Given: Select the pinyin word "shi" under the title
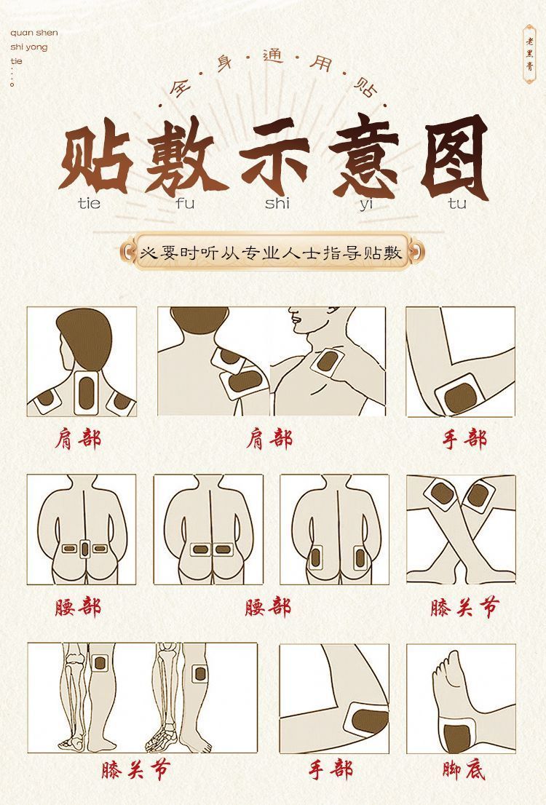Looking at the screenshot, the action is (277, 204).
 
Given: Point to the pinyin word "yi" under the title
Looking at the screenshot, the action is (365, 205).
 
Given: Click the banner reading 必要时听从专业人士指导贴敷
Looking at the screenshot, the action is (272, 252).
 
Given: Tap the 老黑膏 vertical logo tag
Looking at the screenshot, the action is (529, 54).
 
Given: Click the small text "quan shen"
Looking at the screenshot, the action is (34, 33).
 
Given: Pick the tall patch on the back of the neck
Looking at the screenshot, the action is (86, 393).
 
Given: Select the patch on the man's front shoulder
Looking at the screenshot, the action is (327, 362).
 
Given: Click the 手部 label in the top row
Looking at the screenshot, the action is (464, 440).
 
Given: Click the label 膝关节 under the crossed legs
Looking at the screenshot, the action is (464, 608).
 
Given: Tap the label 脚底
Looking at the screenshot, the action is (464, 770).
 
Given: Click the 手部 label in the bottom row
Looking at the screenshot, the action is (331, 770).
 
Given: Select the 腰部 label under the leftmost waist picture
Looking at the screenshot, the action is (78, 607).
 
